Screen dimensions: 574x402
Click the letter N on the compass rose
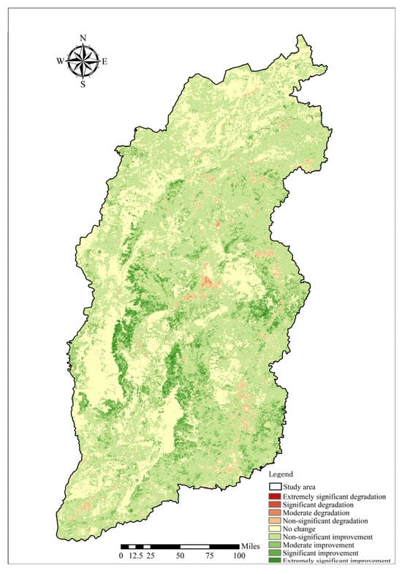click(83, 38)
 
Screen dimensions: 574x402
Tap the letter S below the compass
click(83, 84)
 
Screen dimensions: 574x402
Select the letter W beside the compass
click(60, 61)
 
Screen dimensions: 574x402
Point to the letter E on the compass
click(105, 61)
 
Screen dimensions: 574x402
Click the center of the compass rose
click(83, 61)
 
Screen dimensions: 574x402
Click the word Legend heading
click(281, 475)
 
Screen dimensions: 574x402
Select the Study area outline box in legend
click(276, 486)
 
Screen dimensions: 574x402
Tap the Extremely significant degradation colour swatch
click(276, 496)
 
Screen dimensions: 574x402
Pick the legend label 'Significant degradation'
click(323, 505)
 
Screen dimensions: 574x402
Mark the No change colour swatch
click(276, 530)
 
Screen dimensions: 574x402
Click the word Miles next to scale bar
click(251, 546)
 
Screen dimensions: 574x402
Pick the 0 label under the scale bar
click(121, 556)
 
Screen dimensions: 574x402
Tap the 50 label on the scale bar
click(180, 556)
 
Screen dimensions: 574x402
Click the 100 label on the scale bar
click(239, 556)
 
